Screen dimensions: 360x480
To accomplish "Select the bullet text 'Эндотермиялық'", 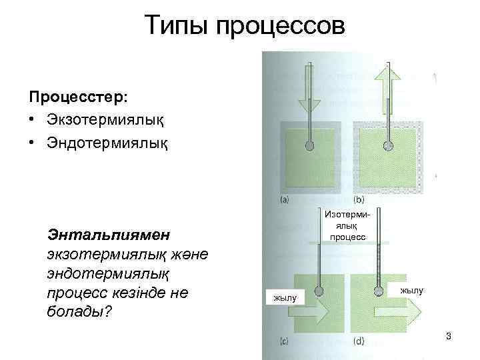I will [107, 143].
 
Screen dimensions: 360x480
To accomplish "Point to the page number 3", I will [449, 336].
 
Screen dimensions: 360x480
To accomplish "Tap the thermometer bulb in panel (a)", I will [309, 145].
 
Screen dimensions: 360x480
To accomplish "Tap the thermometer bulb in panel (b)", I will [387, 145].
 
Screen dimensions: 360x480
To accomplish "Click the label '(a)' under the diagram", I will [285, 199].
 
